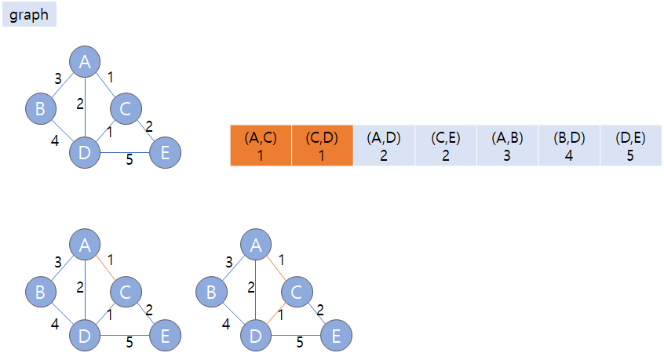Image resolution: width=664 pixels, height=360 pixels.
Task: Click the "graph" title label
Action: pos(29,15)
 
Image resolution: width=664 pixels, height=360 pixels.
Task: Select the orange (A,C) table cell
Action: pos(261,145)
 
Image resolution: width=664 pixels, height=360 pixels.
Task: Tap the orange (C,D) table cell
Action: pos(322,145)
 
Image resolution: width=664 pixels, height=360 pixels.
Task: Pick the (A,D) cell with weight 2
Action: pos(384,145)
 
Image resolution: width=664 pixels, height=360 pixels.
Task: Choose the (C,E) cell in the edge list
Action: pos(446,145)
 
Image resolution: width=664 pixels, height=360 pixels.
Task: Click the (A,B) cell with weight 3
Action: pos(507,145)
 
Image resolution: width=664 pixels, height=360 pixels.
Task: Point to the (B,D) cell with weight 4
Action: pos(569,145)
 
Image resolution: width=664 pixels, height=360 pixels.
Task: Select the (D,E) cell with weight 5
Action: pos(631,145)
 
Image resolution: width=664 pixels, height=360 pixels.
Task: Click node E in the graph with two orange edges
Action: pos(335,336)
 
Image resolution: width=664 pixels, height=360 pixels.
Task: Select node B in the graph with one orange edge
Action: pos(40,293)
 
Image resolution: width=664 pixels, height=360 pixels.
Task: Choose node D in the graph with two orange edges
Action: pos(256,336)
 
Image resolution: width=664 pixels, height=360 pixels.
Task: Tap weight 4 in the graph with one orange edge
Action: pos(56,322)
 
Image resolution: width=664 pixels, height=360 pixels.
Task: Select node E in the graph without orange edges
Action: pos(165,152)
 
